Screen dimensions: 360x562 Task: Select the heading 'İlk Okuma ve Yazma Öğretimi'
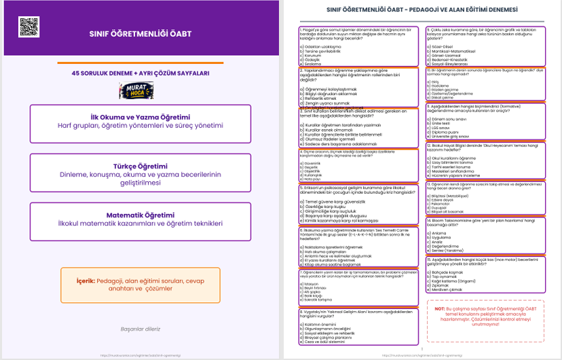140,117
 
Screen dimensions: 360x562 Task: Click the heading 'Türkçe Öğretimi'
140,166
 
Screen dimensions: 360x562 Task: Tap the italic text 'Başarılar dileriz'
140,329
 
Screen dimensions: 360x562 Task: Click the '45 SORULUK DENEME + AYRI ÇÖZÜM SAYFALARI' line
140,73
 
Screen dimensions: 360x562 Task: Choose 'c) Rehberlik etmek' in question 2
315,98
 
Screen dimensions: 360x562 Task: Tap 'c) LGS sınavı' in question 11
442,126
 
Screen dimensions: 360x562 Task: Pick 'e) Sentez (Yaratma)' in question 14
449,250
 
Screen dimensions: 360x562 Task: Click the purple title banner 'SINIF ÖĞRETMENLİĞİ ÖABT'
140,33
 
